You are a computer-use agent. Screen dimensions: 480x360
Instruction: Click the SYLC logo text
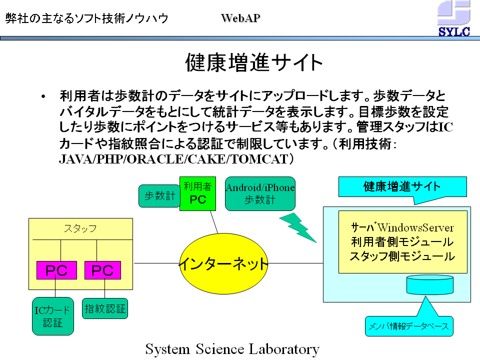tap(454, 31)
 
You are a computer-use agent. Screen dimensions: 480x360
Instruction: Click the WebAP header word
tap(240, 18)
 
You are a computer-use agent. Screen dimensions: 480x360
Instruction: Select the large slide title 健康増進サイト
tap(254, 63)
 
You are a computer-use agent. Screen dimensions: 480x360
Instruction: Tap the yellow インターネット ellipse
tap(223, 263)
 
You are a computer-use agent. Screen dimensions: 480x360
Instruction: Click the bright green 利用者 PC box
tap(198, 193)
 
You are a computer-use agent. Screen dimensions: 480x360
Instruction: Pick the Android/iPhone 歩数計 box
tap(260, 193)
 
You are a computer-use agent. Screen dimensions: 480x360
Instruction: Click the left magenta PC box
tap(56, 270)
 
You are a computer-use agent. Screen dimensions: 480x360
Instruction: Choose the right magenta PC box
tap(102, 270)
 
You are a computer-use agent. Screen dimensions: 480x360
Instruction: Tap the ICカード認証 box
tap(53, 316)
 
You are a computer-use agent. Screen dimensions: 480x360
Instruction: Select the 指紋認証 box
tap(105, 308)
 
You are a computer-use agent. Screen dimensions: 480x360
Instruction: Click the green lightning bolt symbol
tap(298, 228)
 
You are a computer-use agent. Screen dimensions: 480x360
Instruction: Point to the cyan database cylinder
tap(430, 284)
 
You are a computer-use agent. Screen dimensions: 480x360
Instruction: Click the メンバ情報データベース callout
tap(409, 326)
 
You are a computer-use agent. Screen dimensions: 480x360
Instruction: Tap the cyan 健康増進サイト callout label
tap(402, 186)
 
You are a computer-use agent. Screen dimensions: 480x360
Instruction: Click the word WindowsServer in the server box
tap(415, 228)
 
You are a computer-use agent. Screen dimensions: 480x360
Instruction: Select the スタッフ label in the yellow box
tap(80, 228)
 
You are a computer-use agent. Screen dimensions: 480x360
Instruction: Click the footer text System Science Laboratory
tap(232, 349)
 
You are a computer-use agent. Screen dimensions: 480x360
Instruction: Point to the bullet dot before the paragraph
tap(43, 96)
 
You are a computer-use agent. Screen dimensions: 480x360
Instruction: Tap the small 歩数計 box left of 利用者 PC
tap(159, 196)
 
